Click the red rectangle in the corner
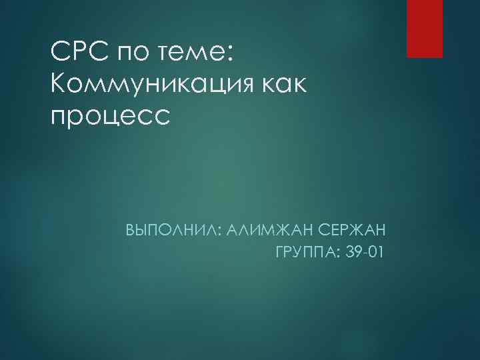click(x=425, y=29)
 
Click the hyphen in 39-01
click(x=363, y=254)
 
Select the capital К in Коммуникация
click(x=59, y=84)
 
